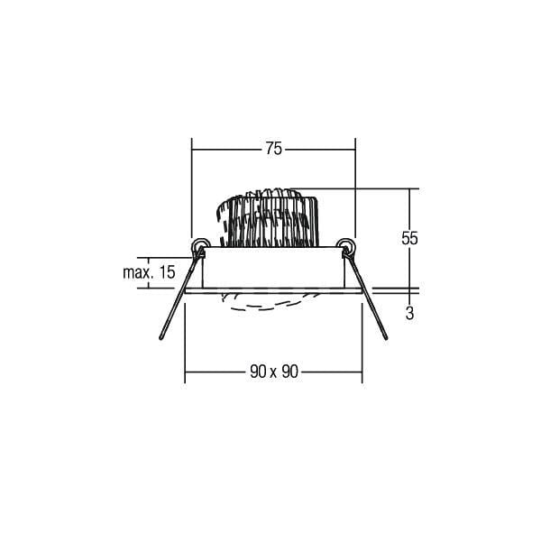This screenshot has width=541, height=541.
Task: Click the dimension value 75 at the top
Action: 273,149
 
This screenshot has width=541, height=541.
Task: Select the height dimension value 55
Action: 409,238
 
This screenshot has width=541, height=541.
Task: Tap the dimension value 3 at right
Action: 409,313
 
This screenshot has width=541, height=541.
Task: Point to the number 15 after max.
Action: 167,272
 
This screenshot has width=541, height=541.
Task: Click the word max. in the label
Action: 138,273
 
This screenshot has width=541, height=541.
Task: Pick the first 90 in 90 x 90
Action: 259,371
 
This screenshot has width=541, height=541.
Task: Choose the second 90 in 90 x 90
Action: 289,371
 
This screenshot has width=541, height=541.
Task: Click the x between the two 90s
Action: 274,373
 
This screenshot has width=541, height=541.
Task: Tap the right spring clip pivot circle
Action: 346,246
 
